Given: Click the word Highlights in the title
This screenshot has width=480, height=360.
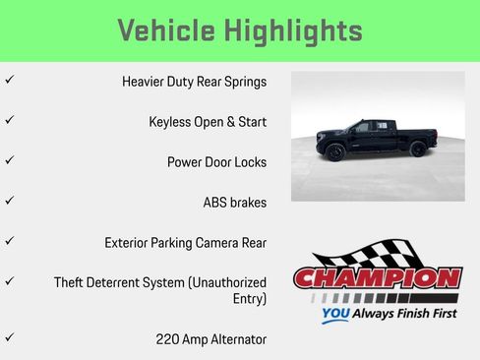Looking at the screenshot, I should [302, 30].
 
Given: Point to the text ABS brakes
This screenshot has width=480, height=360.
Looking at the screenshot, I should [234, 203].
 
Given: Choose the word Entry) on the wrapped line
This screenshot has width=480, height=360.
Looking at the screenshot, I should [249, 298].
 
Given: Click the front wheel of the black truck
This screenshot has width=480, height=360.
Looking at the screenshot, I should [335, 151].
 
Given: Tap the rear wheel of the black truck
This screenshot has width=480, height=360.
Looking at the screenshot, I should [418, 150].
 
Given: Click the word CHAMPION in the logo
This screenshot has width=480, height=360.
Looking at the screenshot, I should [378, 278].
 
